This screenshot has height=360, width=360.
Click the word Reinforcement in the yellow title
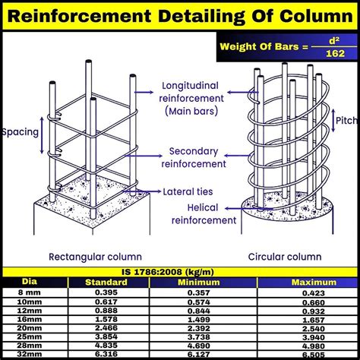click(x=79, y=16)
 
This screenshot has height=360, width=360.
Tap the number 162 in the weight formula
click(x=335, y=53)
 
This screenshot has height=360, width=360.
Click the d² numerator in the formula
click(x=334, y=40)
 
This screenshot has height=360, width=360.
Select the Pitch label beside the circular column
click(x=348, y=121)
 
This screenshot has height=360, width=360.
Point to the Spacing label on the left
click(x=21, y=132)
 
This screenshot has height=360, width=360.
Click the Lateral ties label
click(x=188, y=191)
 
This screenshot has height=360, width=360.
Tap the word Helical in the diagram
click(x=203, y=207)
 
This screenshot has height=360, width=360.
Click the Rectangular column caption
click(x=95, y=257)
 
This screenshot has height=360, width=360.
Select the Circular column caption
click(x=285, y=257)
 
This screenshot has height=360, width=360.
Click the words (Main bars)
click(x=191, y=111)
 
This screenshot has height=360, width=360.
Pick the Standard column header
click(x=106, y=283)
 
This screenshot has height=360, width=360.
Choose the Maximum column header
click(x=314, y=283)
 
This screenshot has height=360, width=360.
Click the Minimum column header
click(x=199, y=283)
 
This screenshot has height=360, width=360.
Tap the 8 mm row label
click(x=30, y=292)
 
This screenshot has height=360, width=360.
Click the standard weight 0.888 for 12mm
click(x=106, y=311)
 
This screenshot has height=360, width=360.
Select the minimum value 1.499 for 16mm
click(x=199, y=320)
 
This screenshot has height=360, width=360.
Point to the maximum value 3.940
click(x=314, y=337)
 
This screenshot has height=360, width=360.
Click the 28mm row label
click(x=30, y=346)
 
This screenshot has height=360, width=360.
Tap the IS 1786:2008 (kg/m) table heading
click(x=168, y=272)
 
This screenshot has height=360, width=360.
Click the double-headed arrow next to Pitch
click(x=333, y=121)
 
